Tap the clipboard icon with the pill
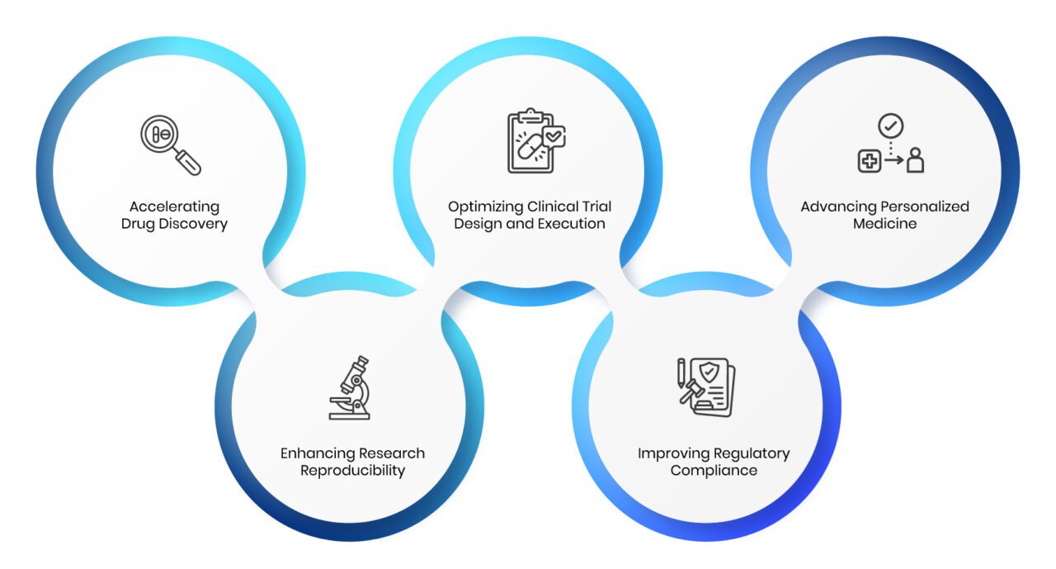(536, 140)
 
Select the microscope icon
(350, 388)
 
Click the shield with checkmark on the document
(709, 372)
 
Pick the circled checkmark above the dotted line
(890, 126)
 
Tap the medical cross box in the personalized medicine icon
(870, 161)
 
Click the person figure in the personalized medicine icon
(915, 160)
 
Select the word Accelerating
(174, 207)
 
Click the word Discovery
(193, 224)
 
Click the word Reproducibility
(352, 471)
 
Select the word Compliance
(714, 471)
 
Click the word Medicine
(885, 224)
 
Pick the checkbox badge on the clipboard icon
(554, 137)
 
